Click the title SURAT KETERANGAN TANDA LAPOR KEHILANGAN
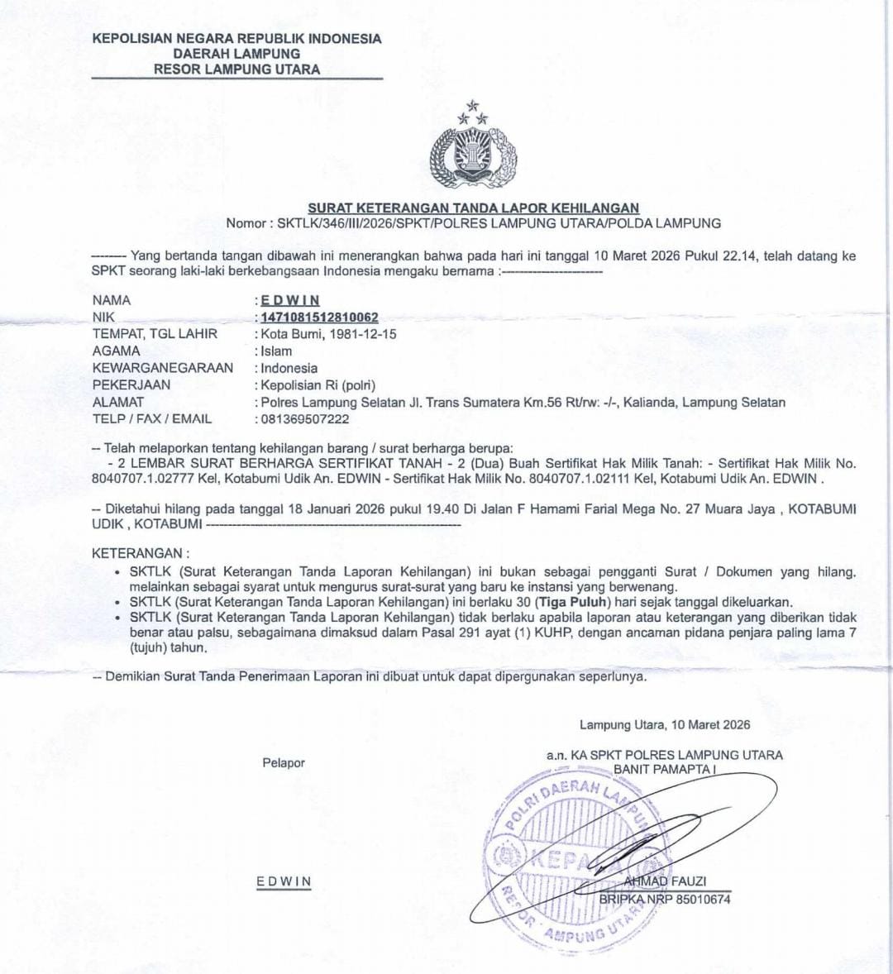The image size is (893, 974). point(473,208)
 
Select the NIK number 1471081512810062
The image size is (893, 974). point(319,318)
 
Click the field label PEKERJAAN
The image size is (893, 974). point(131,385)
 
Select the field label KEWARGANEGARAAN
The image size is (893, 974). point(163,368)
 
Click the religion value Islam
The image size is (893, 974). point(276,351)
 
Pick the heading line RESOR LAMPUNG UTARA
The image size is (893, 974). point(236,69)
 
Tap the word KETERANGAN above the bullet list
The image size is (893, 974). point(136,553)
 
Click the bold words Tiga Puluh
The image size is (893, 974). point(570,602)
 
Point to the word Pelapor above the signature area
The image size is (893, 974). point(284,763)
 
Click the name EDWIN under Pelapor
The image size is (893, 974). point(284,881)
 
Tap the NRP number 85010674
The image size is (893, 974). point(704,899)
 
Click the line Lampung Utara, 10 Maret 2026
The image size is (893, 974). point(665,725)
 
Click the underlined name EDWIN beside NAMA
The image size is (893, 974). point(289,300)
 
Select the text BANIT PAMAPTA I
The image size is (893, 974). point(663,769)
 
